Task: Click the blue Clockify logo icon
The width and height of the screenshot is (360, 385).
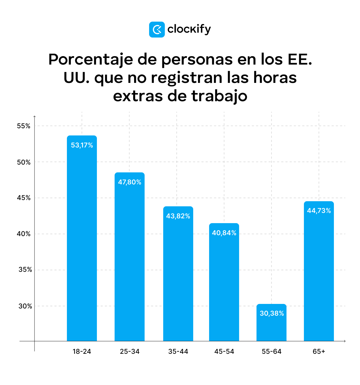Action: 157,29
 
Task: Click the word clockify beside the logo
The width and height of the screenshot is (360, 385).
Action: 189,29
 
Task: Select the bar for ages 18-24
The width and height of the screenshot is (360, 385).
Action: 82,240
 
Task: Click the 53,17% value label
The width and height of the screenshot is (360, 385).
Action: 82,145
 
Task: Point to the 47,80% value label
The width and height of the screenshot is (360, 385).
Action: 130,182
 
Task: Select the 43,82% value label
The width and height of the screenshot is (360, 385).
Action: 178,216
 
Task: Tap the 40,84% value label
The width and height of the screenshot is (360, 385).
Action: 224,233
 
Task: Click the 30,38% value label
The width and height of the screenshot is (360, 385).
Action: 272,314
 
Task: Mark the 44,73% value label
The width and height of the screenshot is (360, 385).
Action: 319,211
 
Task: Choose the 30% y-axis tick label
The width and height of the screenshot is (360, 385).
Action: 25,306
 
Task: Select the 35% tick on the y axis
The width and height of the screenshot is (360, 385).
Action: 25,270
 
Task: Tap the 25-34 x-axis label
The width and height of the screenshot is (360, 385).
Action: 130,352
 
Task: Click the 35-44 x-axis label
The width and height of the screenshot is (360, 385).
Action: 178,352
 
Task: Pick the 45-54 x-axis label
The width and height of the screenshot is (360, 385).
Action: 224,352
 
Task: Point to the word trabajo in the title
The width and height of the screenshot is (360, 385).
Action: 219,96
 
